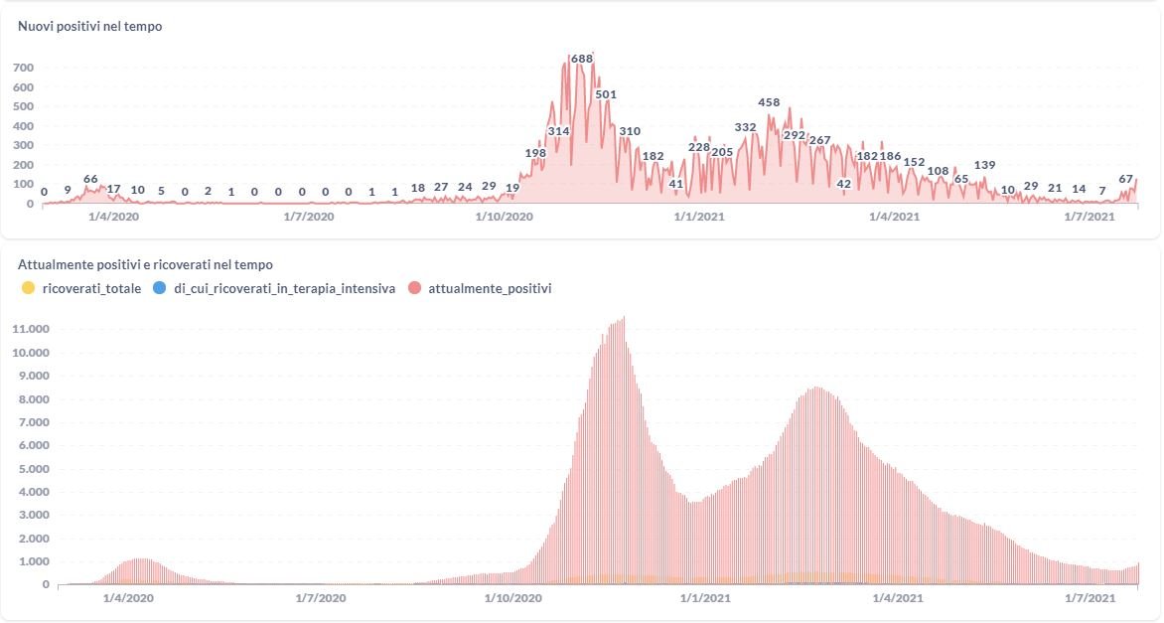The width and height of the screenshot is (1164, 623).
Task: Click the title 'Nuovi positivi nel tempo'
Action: point(90,27)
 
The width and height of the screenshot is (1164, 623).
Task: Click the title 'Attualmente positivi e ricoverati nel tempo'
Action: point(145,265)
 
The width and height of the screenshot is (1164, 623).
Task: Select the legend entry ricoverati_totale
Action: point(80,288)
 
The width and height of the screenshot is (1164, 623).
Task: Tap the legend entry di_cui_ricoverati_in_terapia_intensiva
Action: point(274,288)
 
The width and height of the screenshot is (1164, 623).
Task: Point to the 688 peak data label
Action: point(582,59)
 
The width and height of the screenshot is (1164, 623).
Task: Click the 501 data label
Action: point(606,94)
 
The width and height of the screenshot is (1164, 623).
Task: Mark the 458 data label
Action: point(769,102)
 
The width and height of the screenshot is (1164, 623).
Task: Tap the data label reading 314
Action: point(558,131)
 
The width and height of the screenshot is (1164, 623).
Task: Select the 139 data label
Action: point(985,165)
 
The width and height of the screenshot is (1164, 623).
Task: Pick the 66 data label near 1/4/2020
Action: point(90,179)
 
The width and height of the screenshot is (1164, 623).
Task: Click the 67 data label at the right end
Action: point(1126,179)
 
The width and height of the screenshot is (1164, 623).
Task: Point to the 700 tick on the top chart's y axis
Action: point(24,68)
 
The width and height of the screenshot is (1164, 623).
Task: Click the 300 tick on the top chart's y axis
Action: point(24,145)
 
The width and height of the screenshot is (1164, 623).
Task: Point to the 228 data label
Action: point(699,147)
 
